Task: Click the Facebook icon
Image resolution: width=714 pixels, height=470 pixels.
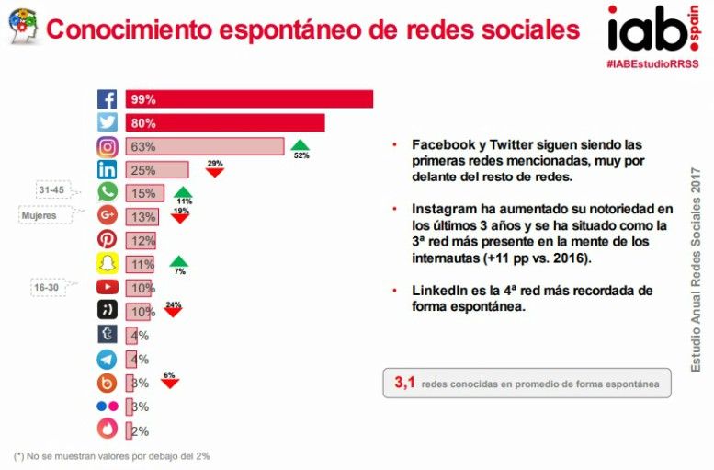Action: pos(108,99)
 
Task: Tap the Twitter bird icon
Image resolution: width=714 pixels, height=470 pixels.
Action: pos(108,122)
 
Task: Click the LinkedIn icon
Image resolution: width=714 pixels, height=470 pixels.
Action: pos(108,169)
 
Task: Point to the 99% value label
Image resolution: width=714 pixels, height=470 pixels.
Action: pos(143,99)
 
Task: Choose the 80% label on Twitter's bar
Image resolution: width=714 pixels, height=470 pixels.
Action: pos(143,122)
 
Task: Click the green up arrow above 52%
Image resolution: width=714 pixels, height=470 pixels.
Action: pos(300,144)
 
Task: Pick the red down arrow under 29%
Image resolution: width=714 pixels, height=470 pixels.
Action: pos(215,172)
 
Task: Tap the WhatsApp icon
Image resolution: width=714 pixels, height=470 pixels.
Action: pos(108,192)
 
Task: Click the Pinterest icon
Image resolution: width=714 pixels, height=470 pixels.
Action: pos(108,240)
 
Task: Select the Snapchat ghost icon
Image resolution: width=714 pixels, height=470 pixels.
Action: pos(108,264)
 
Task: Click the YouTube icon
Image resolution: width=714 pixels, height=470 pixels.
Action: pos(108,287)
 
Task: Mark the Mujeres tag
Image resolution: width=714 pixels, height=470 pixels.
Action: pos(40,216)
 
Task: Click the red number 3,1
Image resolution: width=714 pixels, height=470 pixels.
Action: pos(405,383)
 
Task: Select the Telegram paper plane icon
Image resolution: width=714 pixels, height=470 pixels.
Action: pos(108,358)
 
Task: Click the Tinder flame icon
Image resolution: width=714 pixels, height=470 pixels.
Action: pos(108,429)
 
